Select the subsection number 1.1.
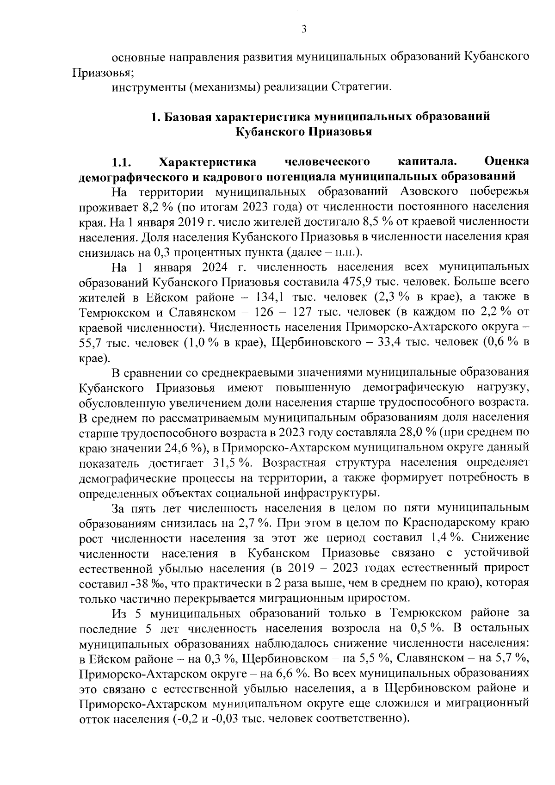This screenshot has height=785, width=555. pyautogui.click(x=121, y=162)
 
